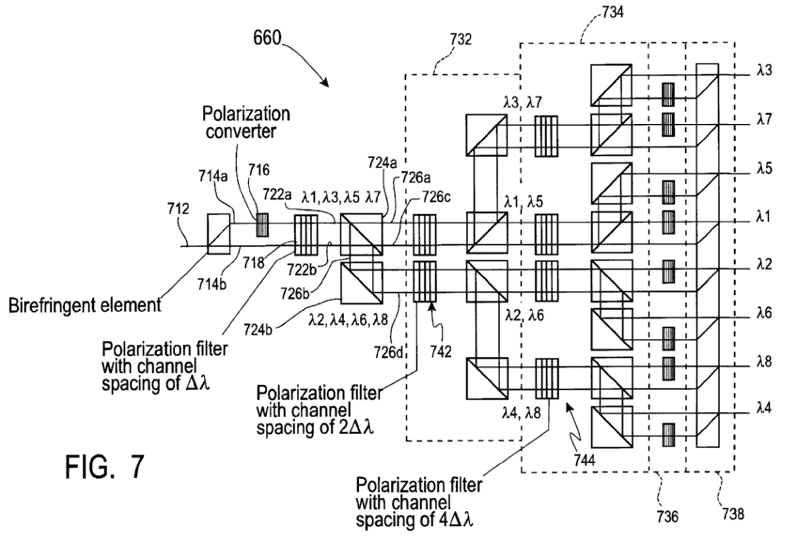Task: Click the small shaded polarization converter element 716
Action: coord(261,225)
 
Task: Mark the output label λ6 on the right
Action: coord(764,317)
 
